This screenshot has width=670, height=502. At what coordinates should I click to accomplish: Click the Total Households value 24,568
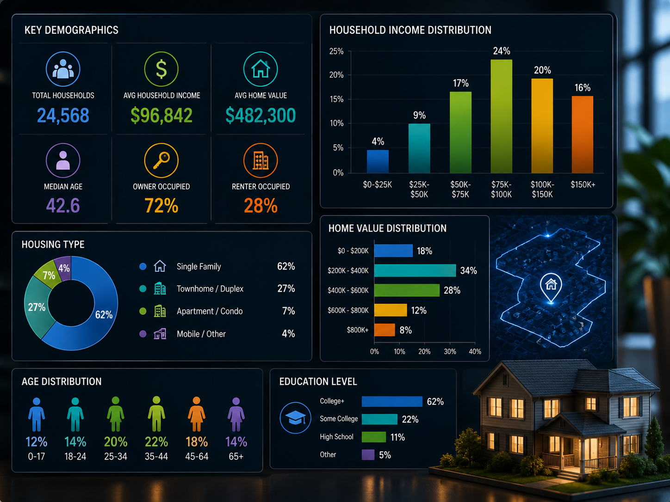pos(63,116)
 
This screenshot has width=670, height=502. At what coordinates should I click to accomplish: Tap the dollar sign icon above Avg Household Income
pos(161,69)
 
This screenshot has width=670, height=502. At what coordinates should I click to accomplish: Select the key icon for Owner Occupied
pos(161,160)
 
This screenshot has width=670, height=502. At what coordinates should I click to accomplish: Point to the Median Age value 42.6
pos(63,205)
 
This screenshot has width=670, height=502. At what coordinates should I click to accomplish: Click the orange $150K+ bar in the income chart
pos(583,135)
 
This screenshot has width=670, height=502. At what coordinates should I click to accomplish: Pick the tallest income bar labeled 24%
pos(502,116)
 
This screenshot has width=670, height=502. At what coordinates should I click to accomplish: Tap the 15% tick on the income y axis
pos(336,99)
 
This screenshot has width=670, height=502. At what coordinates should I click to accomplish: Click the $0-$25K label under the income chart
pos(377,185)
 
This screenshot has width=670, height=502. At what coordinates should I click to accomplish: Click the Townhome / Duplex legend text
pos(210,288)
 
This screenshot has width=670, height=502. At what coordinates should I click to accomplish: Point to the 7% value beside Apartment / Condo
pos(288,311)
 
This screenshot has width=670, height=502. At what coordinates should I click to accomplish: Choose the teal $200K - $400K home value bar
pos(415,270)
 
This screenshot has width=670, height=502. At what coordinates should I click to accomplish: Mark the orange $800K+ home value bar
pos(385,330)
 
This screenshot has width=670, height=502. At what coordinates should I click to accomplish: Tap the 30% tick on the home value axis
pos(450,351)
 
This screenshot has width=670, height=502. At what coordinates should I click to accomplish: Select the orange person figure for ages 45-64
pos(197,414)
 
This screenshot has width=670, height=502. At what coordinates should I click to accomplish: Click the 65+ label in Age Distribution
pos(236,456)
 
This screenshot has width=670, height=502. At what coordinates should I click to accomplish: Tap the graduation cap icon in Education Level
pos(295,417)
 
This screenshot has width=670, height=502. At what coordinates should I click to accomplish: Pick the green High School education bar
pos(374,437)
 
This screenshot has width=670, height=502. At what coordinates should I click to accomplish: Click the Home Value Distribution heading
pos(387,228)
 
